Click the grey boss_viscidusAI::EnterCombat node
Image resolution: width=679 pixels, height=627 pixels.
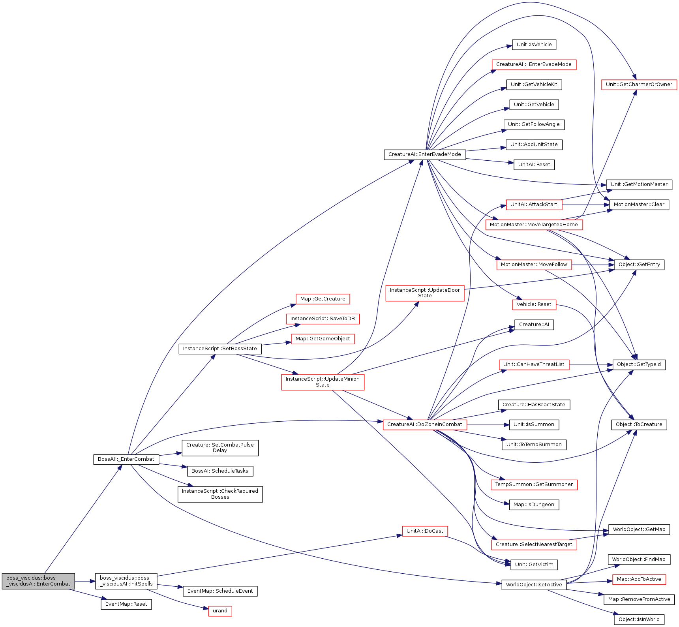(x=38, y=581)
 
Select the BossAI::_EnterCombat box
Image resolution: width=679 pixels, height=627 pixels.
(x=126, y=459)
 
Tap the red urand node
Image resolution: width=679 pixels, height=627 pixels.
(x=220, y=611)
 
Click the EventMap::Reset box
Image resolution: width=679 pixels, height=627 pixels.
(x=126, y=604)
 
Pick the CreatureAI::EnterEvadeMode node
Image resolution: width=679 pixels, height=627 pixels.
(x=424, y=154)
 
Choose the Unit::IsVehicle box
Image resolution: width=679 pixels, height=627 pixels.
(x=534, y=45)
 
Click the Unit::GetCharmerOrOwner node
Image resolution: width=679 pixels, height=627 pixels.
(x=639, y=84)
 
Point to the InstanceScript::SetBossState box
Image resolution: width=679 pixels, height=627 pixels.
(x=220, y=349)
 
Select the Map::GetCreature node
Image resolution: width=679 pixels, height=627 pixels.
(x=323, y=299)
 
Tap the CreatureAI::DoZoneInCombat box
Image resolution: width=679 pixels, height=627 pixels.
(x=424, y=424)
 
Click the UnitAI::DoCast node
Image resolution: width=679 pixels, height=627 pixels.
(x=425, y=531)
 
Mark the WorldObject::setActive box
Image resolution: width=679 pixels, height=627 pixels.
(x=534, y=585)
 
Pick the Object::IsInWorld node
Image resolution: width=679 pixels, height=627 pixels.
(x=639, y=619)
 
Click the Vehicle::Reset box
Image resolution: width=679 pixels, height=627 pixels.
(x=534, y=304)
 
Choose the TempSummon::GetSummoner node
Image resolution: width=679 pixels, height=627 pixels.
(x=534, y=484)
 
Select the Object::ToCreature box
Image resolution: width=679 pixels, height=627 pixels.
(x=639, y=424)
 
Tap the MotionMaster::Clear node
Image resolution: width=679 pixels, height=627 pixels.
(x=639, y=205)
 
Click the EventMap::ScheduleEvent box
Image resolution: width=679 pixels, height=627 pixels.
(x=220, y=591)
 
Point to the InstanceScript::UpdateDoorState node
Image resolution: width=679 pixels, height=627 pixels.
(x=425, y=293)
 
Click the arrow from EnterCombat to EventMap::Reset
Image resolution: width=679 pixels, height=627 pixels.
(x=87, y=594)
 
